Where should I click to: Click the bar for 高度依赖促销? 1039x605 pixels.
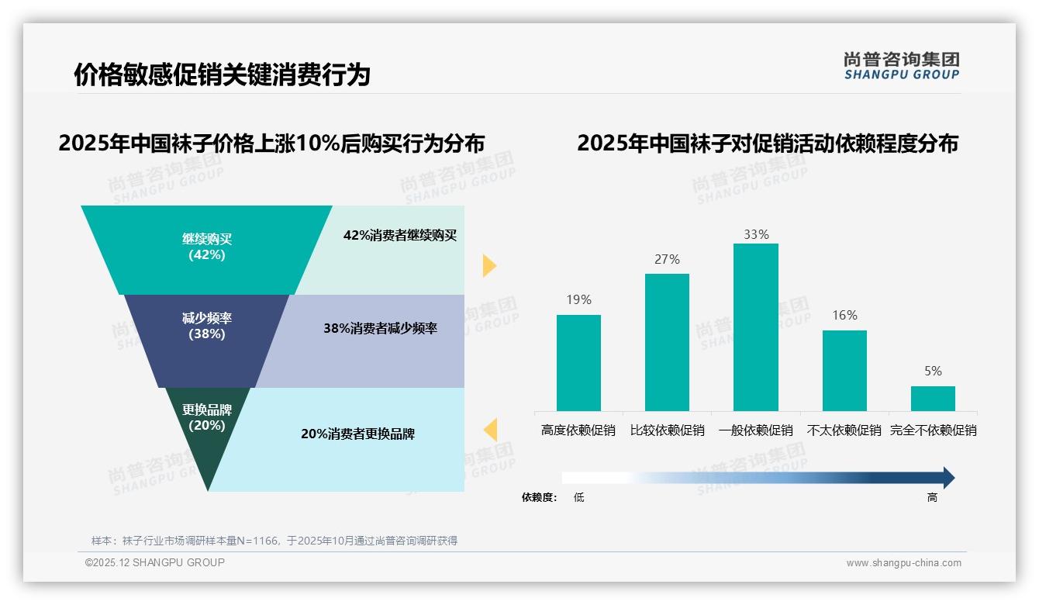tap(578, 362)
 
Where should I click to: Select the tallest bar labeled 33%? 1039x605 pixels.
tap(755, 327)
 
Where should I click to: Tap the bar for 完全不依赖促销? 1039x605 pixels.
tap(933, 399)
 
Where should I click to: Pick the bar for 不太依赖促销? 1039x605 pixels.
tap(844, 370)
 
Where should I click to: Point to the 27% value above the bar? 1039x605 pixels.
tap(667, 260)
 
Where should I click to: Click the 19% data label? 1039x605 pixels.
tap(578, 300)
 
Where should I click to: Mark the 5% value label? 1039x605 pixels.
tap(933, 372)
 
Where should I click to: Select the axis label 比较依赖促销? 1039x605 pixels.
tap(667, 430)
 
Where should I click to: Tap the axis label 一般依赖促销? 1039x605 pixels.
tap(755, 430)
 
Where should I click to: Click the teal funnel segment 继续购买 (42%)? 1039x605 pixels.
tap(206, 248)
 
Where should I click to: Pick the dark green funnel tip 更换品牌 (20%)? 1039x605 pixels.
tap(207, 434)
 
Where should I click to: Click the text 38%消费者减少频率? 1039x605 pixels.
tap(380, 329)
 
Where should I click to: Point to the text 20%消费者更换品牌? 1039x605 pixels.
tap(357, 434)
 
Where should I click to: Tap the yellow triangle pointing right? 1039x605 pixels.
tap(488, 265)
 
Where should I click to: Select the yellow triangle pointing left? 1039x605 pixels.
tap(490, 429)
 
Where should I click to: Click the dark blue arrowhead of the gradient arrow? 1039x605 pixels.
tap(948, 478)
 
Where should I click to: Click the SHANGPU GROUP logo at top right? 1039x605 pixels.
tap(901, 66)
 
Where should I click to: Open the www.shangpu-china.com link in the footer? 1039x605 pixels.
tap(903, 563)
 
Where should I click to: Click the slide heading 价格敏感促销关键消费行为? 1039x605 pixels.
tap(222, 75)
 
